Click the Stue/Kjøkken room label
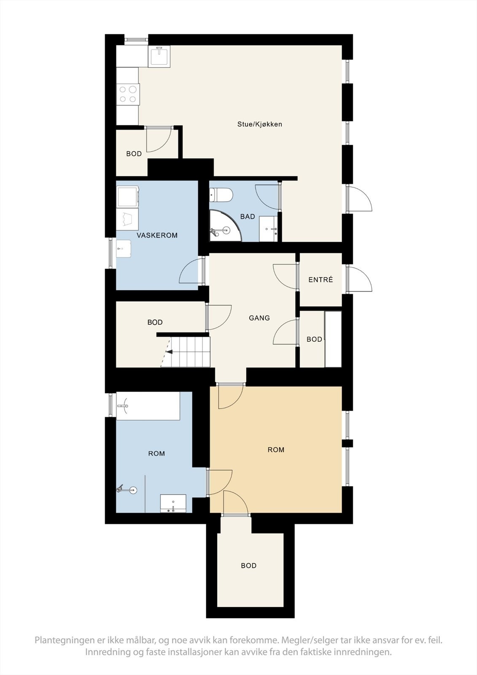click(x=259, y=124)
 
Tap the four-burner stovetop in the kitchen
click(x=128, y=94)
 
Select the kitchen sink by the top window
click(x=159, y=56)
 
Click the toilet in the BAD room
click(x=221, y=194)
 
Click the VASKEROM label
click(x=157, y=235)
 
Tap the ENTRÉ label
click(x=321, y=280)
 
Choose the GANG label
click(x=259, y=318)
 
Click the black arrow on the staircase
click(x=170, y=351)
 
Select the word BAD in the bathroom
click(x=248, y=216)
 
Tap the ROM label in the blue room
click(x=156, y=454)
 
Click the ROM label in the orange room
click(x=276, y=450)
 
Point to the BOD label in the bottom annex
click(x=248, y=566)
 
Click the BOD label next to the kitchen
click(x=134, y=154)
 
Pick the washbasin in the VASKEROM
click(x=124, y=248)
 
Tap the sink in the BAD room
click(x=268, y=229)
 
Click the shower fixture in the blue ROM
click(x=127, y=490)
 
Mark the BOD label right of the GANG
click(x=314, y=339)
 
